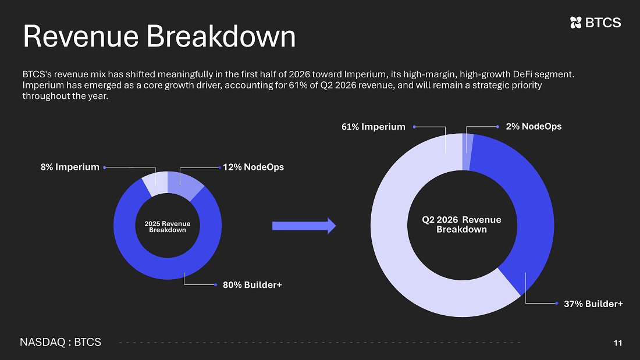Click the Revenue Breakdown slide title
(159, 36)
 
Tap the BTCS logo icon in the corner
(575, 23)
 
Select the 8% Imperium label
(70, 167)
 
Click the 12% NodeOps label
(253, 167)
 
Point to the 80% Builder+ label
(253, 285)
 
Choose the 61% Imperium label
(374, 127)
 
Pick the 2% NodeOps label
(534, 127)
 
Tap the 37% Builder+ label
(593, 304)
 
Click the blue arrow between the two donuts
(304, 226)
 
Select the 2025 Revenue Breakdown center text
(168, 227)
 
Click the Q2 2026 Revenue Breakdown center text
(461, 224)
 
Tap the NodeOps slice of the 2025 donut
(184, 184)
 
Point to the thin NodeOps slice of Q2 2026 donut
(467, 152)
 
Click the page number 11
(618, 343)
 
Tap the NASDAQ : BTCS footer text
(61, 342)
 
